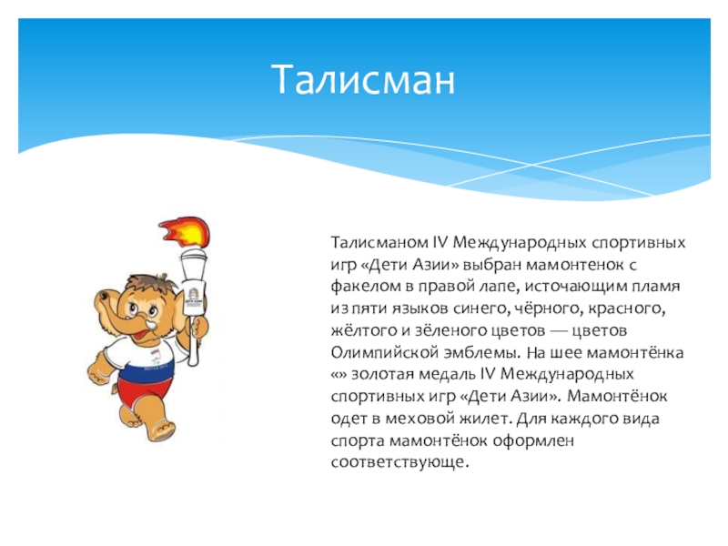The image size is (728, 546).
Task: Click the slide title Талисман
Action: [x=363, y=80]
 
